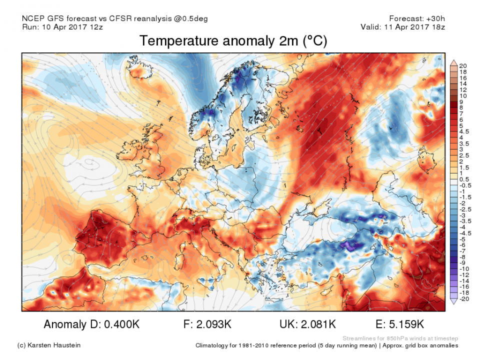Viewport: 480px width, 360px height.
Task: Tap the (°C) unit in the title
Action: coord(314,41)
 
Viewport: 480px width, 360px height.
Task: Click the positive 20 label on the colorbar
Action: coord(462,66)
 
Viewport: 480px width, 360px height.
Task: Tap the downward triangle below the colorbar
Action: coord(454,301)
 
